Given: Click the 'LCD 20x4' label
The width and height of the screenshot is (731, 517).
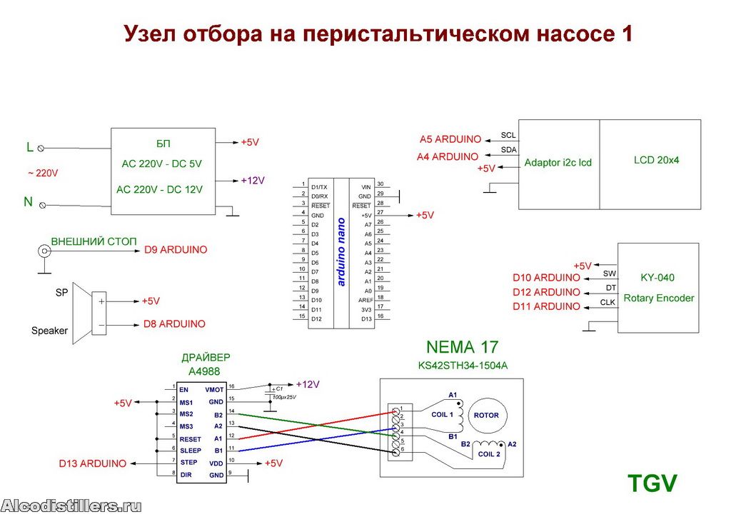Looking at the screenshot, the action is [656, 160].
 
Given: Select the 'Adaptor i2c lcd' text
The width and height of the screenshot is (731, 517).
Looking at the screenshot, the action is [558, 163].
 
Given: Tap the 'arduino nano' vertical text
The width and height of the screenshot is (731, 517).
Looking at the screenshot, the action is [341, 252].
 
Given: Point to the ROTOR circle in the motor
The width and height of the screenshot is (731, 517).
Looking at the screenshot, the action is [487, 415].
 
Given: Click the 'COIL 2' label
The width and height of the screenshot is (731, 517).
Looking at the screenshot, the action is [489, 454].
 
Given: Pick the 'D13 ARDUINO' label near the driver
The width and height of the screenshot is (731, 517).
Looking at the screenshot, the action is [92, 463].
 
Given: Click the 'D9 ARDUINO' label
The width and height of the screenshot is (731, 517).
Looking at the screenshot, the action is [176, 250].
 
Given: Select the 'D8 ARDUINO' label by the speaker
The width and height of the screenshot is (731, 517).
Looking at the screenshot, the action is [174, 324].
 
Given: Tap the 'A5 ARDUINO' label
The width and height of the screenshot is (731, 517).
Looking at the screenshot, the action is [450, 139].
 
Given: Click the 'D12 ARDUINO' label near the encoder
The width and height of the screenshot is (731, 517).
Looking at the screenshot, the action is [546, 292].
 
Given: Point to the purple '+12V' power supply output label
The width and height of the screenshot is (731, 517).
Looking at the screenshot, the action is [253, 181].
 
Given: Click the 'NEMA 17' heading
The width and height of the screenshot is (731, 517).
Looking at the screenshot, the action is [462, 347].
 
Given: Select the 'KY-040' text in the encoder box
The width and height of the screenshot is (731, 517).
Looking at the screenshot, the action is [657, 278].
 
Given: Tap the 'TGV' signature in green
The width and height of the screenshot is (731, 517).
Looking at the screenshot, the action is [652, 483].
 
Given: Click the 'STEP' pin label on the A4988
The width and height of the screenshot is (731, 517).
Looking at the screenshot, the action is [188, 463].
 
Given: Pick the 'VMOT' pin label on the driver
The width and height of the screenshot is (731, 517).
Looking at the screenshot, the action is [214, 390].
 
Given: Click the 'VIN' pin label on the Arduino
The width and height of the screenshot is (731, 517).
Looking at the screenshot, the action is [366, 187].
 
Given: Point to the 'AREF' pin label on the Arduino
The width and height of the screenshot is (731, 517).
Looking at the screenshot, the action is [365, 300].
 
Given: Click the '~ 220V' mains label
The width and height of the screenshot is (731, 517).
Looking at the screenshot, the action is [43, 174].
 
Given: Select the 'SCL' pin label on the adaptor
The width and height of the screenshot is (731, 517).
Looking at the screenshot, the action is [508, 135].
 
